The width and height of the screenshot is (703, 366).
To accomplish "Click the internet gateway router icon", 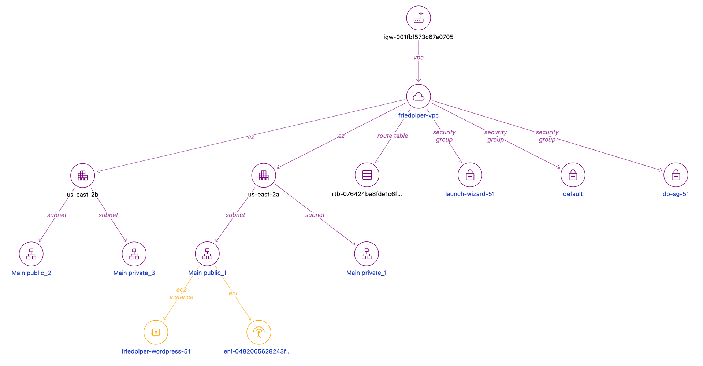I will coord(419,18).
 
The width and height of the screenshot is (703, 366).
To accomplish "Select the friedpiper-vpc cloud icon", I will coord(419,96).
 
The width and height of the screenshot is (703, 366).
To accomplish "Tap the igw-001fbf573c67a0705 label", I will coord(419,37).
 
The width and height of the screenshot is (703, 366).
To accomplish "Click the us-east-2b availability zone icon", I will coord(83,175).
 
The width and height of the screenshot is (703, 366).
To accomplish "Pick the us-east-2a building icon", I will coord(264,175).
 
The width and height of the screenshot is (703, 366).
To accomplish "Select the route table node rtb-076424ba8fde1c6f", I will coord(367,175).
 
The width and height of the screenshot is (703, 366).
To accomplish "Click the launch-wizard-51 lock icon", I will coord(470,175).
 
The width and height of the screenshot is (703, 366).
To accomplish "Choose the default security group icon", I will coord(573,175).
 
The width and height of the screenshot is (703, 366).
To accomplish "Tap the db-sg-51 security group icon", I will coord(676,175).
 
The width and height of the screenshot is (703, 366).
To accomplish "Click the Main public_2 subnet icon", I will coord(31,254).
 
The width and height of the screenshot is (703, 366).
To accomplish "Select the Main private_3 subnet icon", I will coord(134,254).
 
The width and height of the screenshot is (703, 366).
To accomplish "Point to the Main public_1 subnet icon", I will coord(207,254).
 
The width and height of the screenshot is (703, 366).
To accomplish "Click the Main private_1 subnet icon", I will coord(367,254).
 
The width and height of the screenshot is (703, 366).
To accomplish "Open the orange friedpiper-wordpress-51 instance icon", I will coord(156,332).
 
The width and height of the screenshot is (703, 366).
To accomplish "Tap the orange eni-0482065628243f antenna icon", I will coord(259,332).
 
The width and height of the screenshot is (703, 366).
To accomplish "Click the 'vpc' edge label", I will coord(419,58).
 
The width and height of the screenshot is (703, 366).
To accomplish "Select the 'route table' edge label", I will coord(393,136).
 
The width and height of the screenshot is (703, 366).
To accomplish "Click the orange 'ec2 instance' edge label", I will coord(182,293).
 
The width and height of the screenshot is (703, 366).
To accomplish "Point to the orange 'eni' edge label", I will coord(233,293).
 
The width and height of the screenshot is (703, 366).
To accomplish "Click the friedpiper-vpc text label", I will coord(419,115).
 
